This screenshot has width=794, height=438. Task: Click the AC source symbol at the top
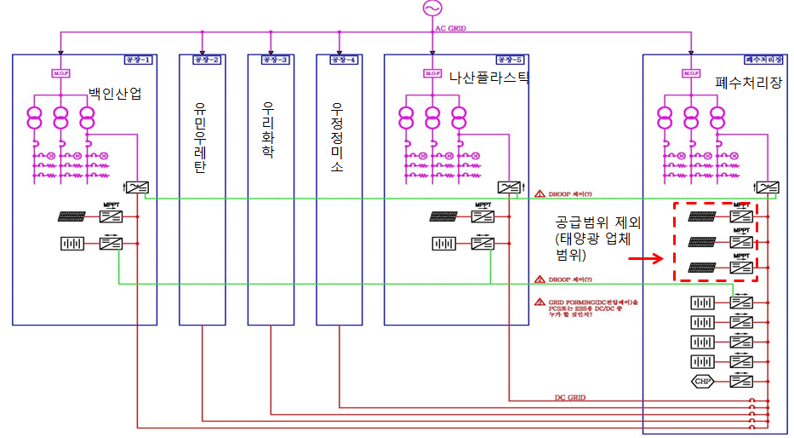(431, 9)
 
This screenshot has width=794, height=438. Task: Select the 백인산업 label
(115, 93)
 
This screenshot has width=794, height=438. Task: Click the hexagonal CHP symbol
(703, 381)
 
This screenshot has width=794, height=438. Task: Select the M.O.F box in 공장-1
(60, 73)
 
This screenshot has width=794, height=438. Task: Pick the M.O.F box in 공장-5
(432, 73)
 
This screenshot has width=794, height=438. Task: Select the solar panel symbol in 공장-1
(70, 216)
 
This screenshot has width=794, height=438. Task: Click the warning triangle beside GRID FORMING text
(539, 303)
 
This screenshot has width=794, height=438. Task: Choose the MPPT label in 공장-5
(482, 205)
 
